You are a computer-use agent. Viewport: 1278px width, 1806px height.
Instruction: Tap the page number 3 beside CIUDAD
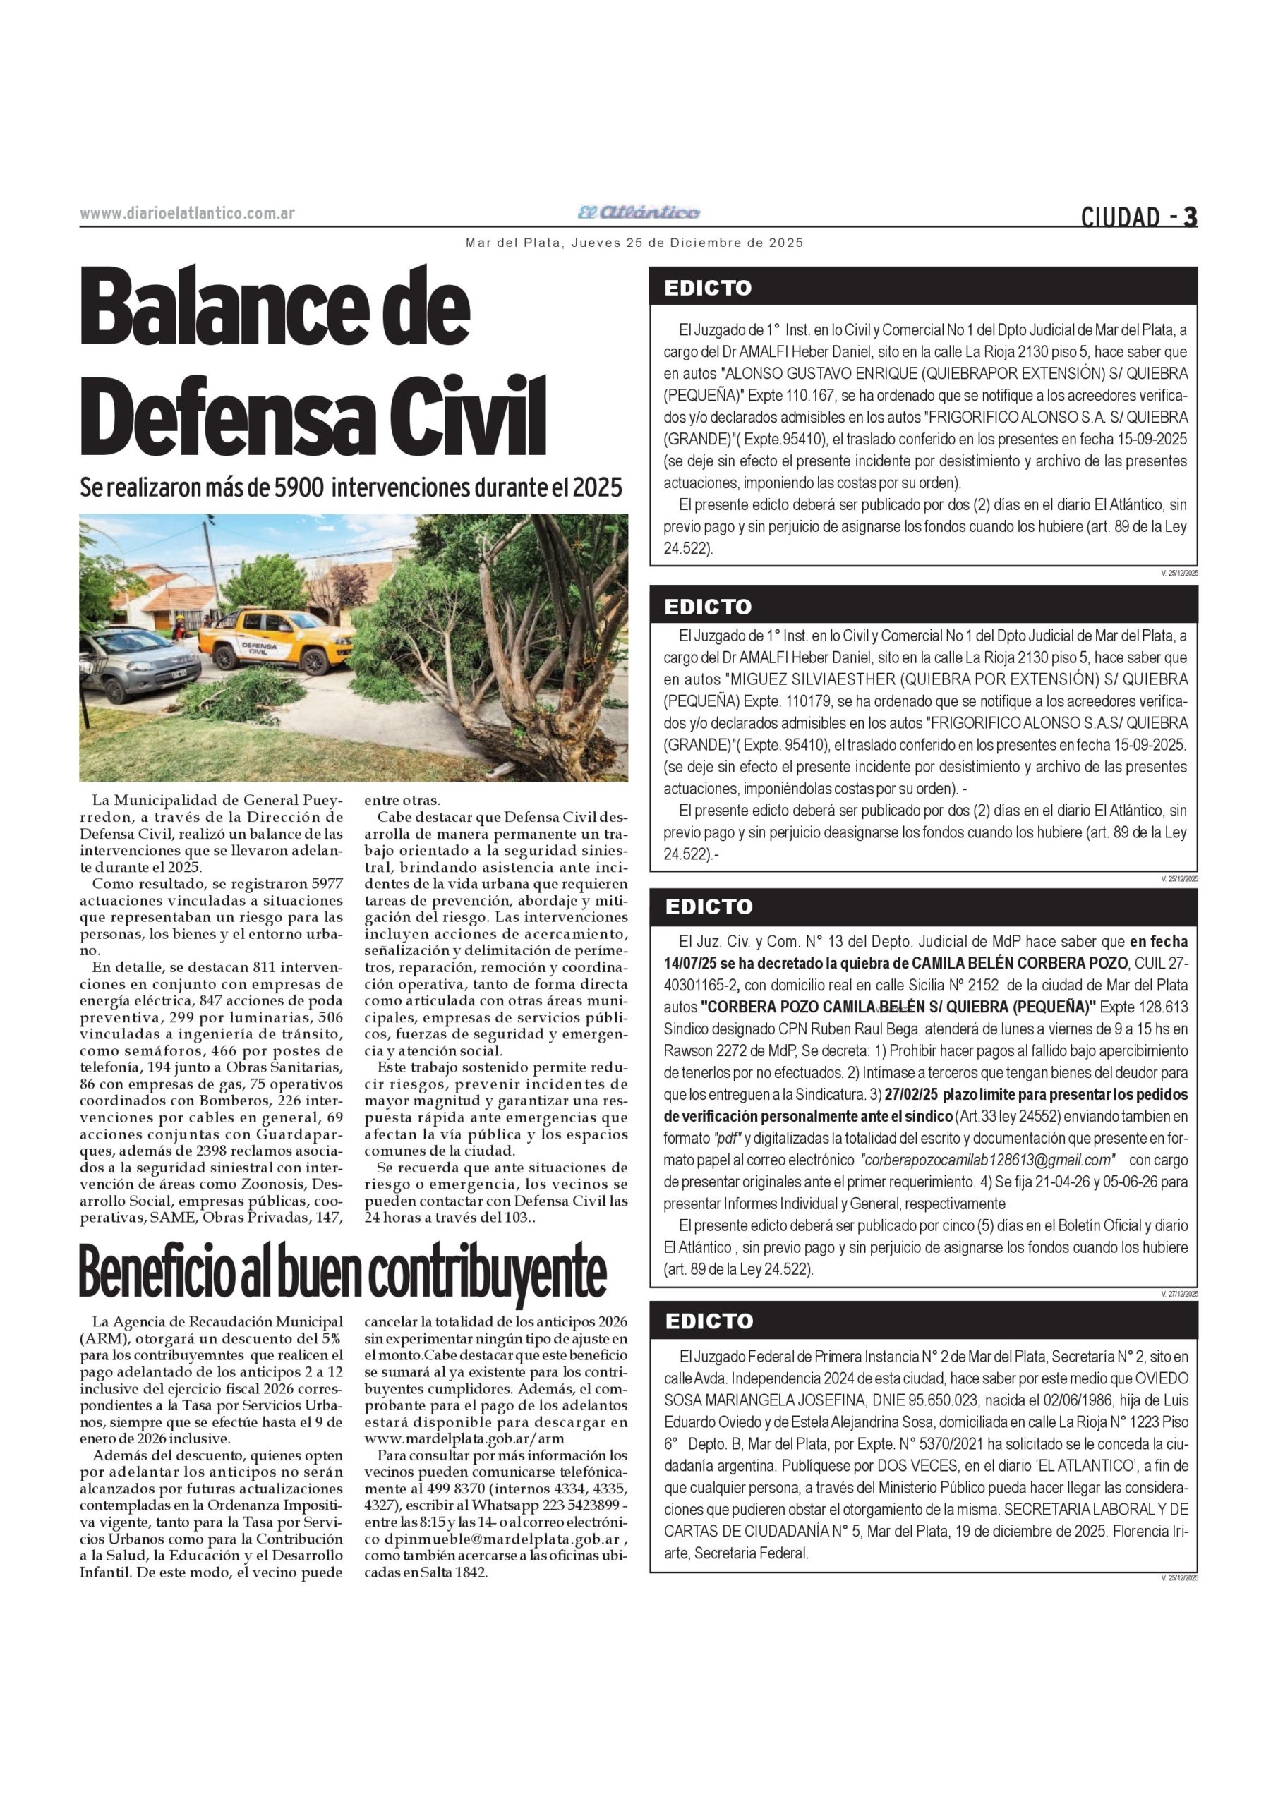point(1190,217)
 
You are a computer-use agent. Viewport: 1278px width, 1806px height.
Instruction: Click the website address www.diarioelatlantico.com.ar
point(187,213)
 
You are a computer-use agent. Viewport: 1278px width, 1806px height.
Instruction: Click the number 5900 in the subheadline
point(299,488)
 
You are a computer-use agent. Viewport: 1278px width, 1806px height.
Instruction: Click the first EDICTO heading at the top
point(709,288)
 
